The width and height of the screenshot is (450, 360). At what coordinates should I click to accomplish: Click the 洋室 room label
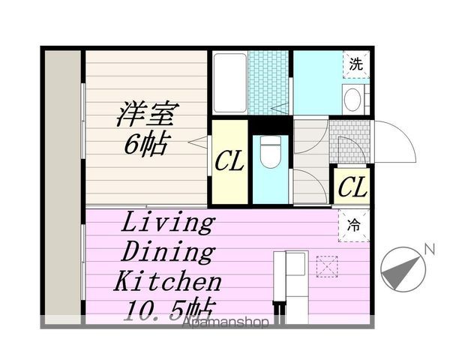pyautogui.click(x=147, y=114)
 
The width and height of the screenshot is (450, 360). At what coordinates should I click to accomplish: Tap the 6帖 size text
pyautogui.click(x=145, y=143)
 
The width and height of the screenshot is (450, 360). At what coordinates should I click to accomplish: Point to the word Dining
pyautogui.click(x=168, y=251)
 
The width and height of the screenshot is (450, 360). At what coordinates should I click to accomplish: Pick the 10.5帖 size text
pyautogui.click(x=170, y=309)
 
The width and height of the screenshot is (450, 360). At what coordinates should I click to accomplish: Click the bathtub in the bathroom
pyautogui.click(x=230, y=83)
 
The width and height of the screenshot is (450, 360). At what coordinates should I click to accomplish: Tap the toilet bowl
pyautogui.click(x=270, y=151)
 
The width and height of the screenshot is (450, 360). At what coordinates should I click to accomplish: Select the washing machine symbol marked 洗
pyautogui.click(x=355, y=64)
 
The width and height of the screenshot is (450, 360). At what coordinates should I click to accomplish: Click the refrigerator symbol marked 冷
pyautogui.click(x=353, y=225)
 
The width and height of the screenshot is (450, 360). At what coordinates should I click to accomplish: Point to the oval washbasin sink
pyautogui.click(x=352, y=99)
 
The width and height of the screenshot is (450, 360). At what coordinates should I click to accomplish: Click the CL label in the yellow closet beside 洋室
pyautogui.click(x=229, y=161)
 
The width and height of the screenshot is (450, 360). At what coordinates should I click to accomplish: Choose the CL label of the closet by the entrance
pyautogui.click(x=352, y=187)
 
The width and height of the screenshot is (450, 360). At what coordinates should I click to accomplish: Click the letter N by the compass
pyautogui.click(x=430, y=249)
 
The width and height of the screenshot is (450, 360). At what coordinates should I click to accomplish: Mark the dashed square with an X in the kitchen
pyautogui.click(x=327, y=267)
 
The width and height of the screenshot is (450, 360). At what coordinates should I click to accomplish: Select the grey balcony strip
pyautogui.click(x=63, y=187)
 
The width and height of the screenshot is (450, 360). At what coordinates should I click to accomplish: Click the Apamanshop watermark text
pyautogui.click(x=226, y=322)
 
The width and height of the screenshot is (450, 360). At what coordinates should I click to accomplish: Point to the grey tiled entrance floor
pyautogui.click(x=349, y=142)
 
